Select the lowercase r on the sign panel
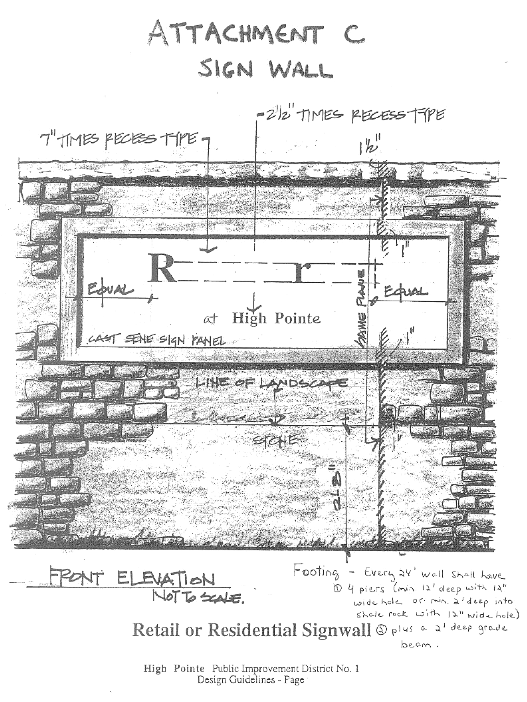303,272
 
